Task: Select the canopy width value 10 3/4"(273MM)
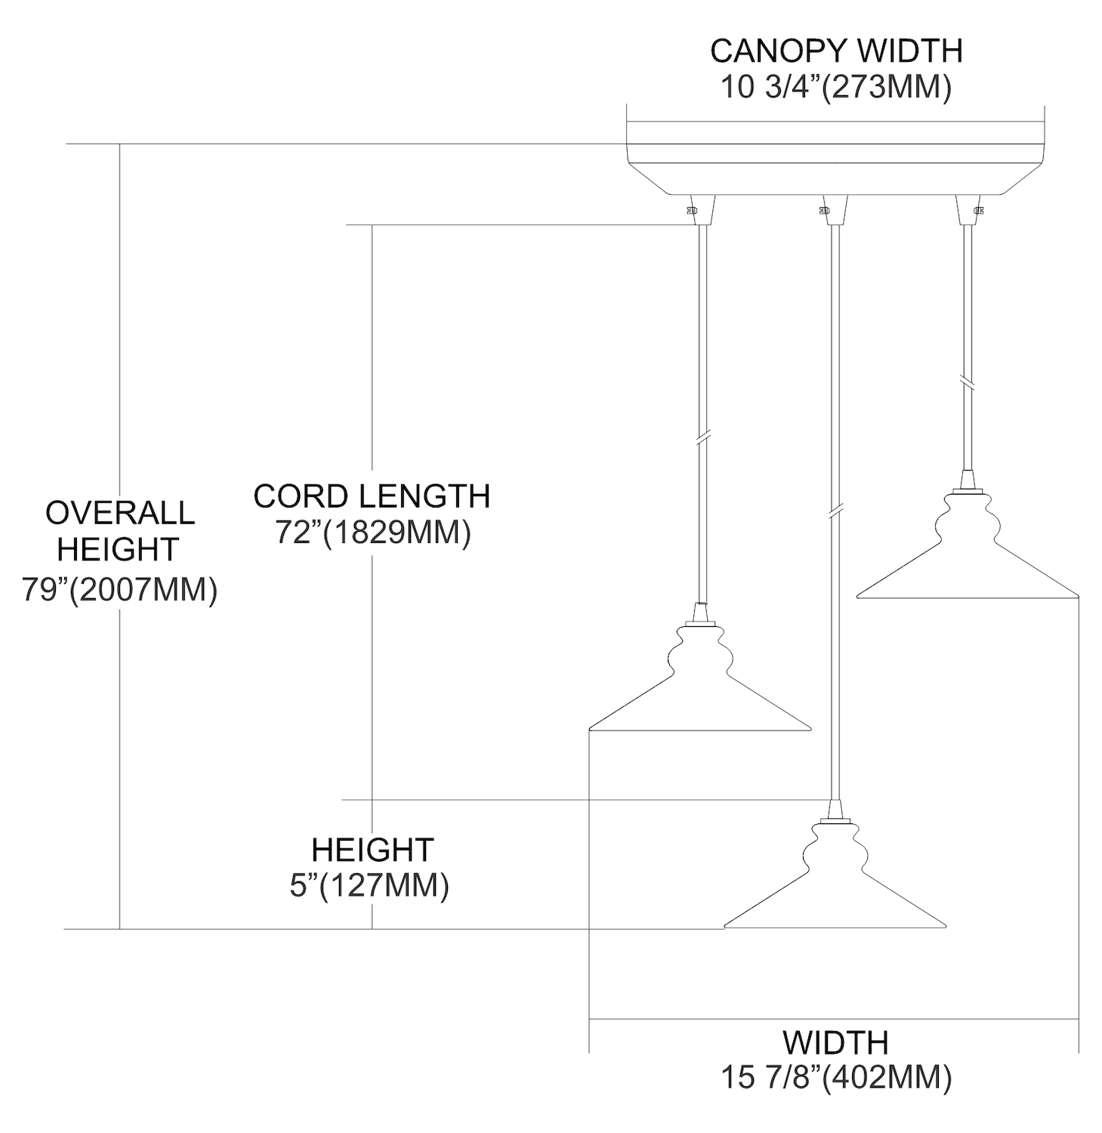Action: tap(835, 88)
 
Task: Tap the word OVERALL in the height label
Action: tap(120, 513)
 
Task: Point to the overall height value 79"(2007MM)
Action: tap(120, 590)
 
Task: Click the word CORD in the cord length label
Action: tap(301, 497)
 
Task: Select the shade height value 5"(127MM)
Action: tap(369, 885)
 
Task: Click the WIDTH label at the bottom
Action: tap(835, 1043)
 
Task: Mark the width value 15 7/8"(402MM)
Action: tap(835, 1078)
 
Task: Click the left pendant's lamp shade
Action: tap(699, 687)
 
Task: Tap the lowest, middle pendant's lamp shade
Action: tap(835, 884)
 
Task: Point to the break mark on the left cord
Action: tap(702, 438)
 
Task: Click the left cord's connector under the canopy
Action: tap(701, 211)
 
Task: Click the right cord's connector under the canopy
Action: tap(968, 211)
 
